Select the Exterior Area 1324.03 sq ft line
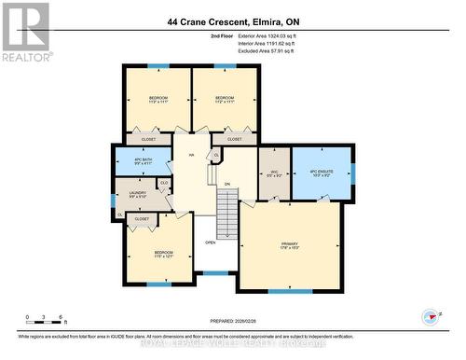click(253, 35)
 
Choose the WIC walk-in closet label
click(273, 173)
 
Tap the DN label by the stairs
click(226, 185)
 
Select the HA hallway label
click(191, 156)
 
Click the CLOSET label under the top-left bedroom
click(148, 139)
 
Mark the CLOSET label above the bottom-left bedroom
click(142, 218)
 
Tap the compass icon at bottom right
click(430, 317)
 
